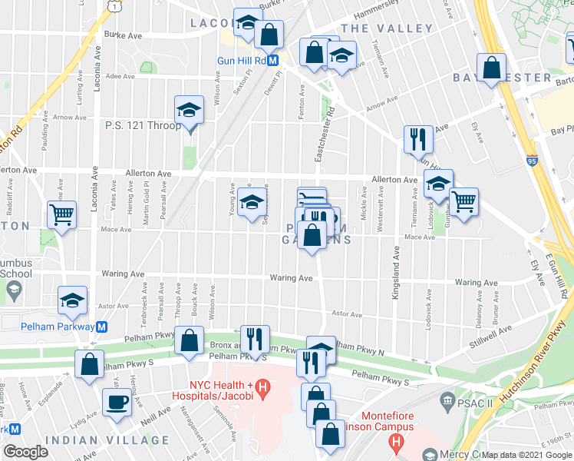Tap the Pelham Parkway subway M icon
pos(101,327)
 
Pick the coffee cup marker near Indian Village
pos(117,403)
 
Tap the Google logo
pos(25,453)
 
